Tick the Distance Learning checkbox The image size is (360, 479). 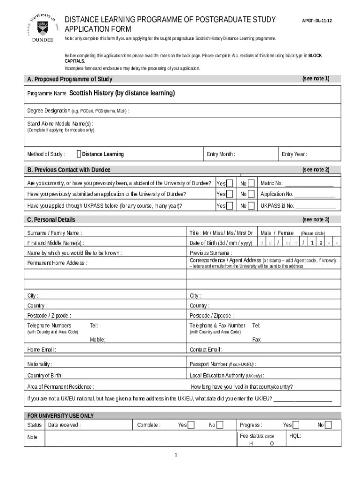click(x=79, y=154)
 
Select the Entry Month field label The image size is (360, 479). click(x=221, y=154)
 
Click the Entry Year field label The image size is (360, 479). click(x=294, y=154)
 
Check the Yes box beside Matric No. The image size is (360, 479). click(x=230, y=183)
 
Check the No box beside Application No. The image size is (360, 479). click(x=251, y=194)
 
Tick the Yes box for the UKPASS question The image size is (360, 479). click(x=230, y=205)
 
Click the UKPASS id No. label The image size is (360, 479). click(x=277, y=205)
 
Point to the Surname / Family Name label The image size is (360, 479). click(x=55, y=233)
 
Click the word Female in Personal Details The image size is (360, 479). click(x=286, y=233)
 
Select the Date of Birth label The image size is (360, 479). click(x=221, y=243)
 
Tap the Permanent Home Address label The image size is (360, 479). click(x=57, y=263)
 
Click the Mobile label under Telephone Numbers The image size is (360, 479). click(x=97, y=339)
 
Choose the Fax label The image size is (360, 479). click(x=257, y=339)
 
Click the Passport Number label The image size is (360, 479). click(x=209, y=364)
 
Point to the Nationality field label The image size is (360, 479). click(x=40, y=364)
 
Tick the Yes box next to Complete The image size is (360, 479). click(x=191, y=425)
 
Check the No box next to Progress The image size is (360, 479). click(x=328, y=425)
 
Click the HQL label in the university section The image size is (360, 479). click(x=295, y=435)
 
